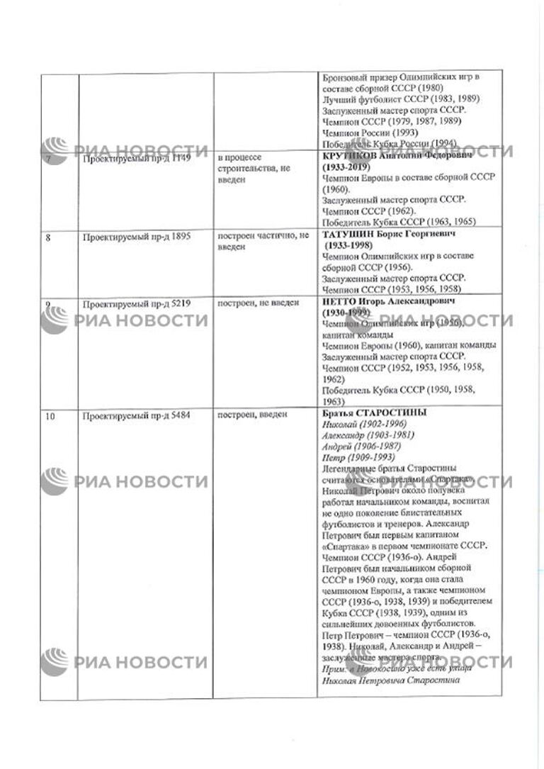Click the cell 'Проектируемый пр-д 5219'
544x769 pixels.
(x=135, y=304)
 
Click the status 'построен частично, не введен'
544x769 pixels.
(x=262, y=242)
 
